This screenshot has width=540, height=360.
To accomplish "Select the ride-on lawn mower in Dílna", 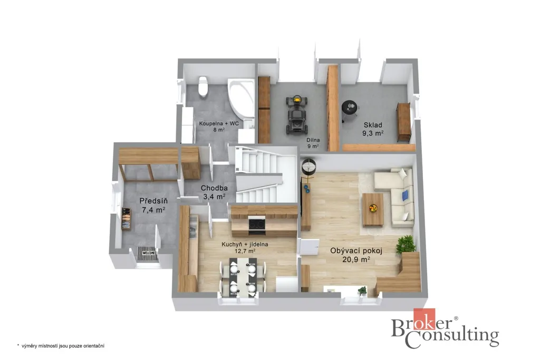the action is point(296,115).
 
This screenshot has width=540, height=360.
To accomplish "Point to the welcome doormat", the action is point(148,254).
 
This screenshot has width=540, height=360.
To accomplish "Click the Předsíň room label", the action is point(153,201).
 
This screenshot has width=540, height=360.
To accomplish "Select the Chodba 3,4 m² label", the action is point(214,192).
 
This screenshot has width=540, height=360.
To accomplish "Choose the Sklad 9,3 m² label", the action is point(373,129).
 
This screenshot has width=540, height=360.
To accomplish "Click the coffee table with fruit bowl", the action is point(373,209).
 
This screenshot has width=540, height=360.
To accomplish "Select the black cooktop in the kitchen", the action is point(257,224).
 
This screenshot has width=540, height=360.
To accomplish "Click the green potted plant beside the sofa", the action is point(406,245).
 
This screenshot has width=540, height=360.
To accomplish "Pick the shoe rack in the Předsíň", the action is point(126,219).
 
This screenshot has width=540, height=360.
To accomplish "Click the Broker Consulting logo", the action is point(445,328).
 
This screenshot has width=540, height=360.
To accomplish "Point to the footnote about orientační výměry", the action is point(61,346).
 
